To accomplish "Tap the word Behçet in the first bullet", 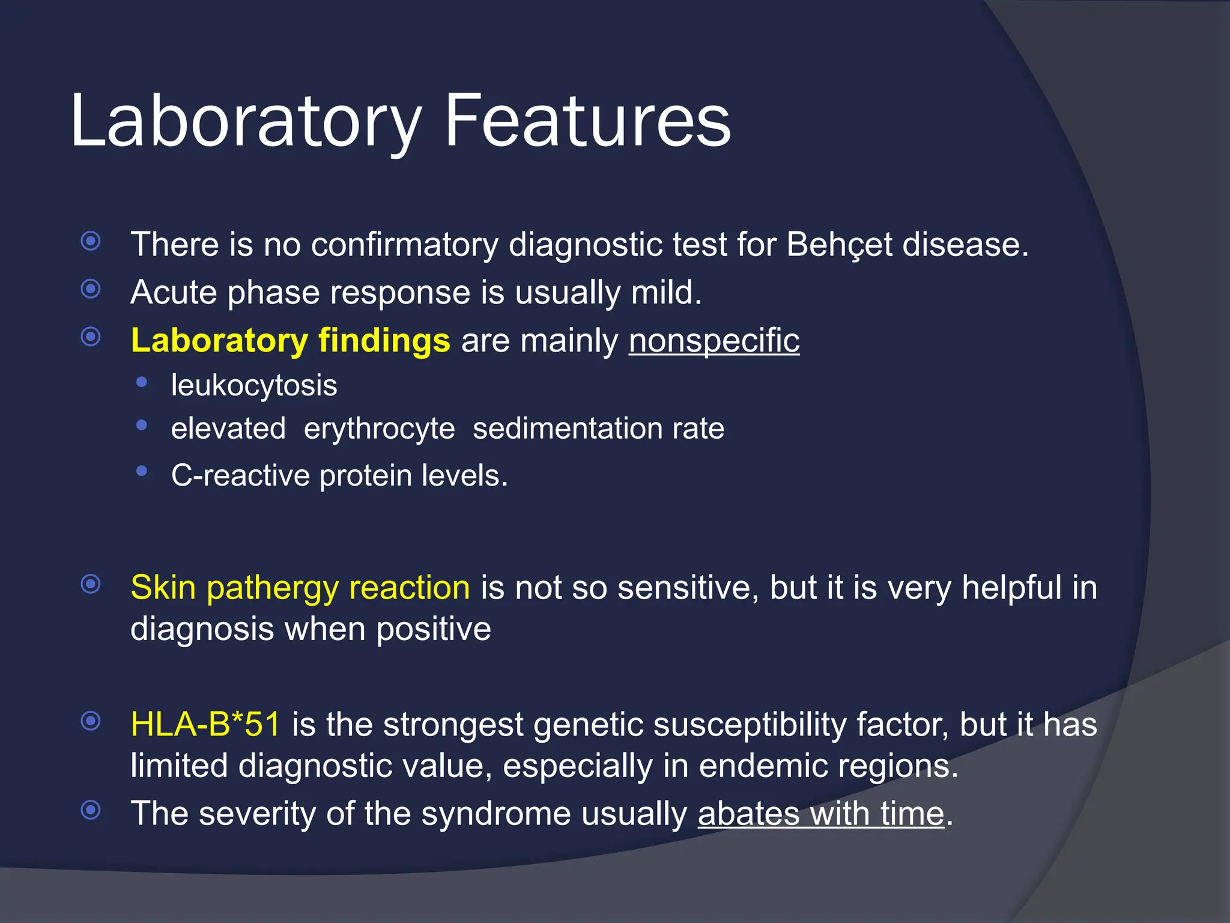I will (839, 245).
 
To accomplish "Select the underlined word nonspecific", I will (713, 341).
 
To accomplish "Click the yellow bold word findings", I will (384, 341).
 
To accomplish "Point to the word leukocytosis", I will (254, 385).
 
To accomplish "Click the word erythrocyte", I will (379, 429).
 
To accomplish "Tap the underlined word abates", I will (748, 814).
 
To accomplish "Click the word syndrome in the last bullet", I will (495, 814).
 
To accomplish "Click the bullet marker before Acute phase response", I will (91, 289).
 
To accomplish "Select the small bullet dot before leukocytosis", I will (142, 382).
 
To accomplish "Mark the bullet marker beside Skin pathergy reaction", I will (91, 583).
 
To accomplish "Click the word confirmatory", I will (404, 245).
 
